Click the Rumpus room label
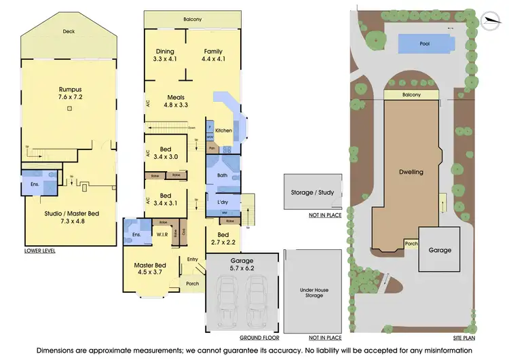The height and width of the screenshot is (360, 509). [70, 93]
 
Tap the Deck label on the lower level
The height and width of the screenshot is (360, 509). [69, 31]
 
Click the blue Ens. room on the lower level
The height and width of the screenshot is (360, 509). [33, 183]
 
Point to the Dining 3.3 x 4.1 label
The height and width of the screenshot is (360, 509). [165, 55]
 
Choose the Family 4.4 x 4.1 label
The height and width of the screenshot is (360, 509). [213, 55]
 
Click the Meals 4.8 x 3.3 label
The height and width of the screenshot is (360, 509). [176, 101]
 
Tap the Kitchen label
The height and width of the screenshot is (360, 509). [223, 130]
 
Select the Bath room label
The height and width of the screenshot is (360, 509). [222, 175]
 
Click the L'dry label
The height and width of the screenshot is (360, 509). [221, 203]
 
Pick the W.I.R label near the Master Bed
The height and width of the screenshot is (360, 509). [164, 236]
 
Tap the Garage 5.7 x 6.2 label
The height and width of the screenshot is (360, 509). [242, 264]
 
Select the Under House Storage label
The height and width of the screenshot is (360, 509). [314, 293]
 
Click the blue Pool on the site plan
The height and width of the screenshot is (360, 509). [425, 43]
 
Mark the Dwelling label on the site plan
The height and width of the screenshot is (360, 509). [411, 172]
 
